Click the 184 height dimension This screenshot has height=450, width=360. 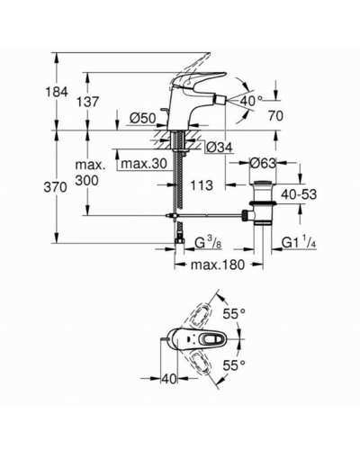coord(57,92)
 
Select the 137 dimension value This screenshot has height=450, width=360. coord(87,102)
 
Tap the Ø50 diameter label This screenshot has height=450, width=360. coord(143,119)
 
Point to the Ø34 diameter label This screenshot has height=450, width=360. coord(220,147)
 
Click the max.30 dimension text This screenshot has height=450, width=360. coord(144,164)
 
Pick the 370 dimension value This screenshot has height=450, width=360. coord(55,187)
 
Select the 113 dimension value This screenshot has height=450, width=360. coord(202,185)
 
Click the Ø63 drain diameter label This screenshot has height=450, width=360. coord(263,163)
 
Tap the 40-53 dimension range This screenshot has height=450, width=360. coord(299,194)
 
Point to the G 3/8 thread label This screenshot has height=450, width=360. coord(208,242)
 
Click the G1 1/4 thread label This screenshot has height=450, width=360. coord(299,242)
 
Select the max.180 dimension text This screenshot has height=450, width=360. coord(218,265)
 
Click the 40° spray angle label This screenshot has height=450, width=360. coord(251,101)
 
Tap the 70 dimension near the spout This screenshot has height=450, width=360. coord(275,116)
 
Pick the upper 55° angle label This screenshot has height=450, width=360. coord(234,314)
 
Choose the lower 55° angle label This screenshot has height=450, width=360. coord(234,365)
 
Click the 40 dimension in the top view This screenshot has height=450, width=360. coord(169,379)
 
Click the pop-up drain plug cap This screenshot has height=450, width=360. coord(263,183)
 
